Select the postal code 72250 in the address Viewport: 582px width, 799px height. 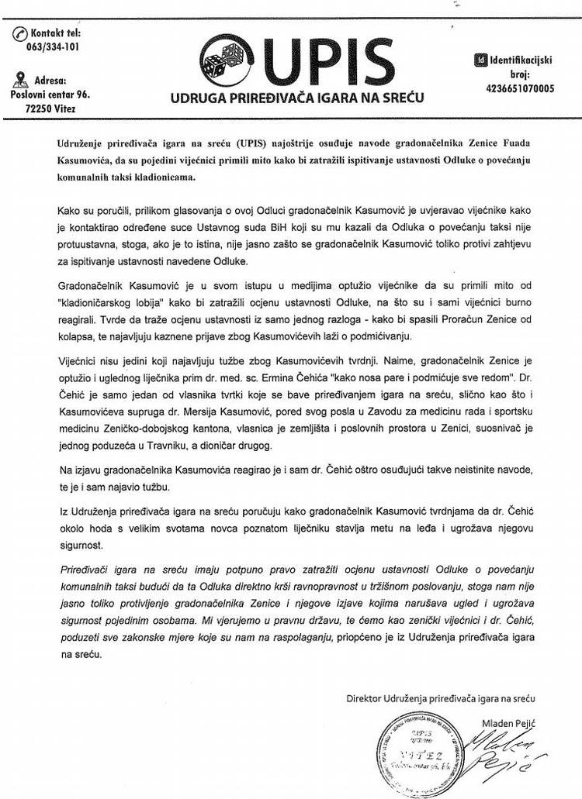40,108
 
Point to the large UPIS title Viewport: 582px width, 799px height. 325,57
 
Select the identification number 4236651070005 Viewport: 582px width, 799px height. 519,88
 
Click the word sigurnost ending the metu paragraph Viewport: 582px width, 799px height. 80,545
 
